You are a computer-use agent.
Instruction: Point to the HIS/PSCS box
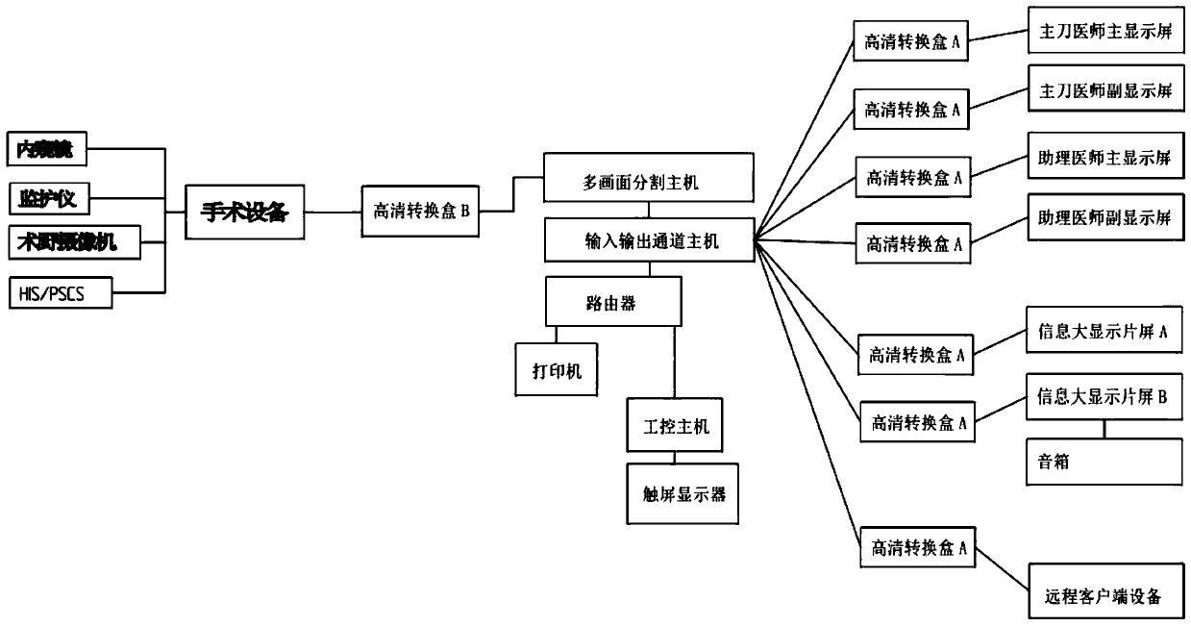pos(60,292)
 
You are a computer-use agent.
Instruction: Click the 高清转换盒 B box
pos(420,212)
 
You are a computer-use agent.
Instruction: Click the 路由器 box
pos(614,303)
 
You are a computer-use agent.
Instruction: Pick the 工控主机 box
pos(675,424)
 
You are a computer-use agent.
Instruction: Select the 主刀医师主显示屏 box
pos(1104,33)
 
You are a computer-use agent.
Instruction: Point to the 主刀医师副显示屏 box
pos(1104,92)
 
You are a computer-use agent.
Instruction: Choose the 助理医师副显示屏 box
pos(1104,217)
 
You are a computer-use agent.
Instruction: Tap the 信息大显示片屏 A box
pos(1104,332)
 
